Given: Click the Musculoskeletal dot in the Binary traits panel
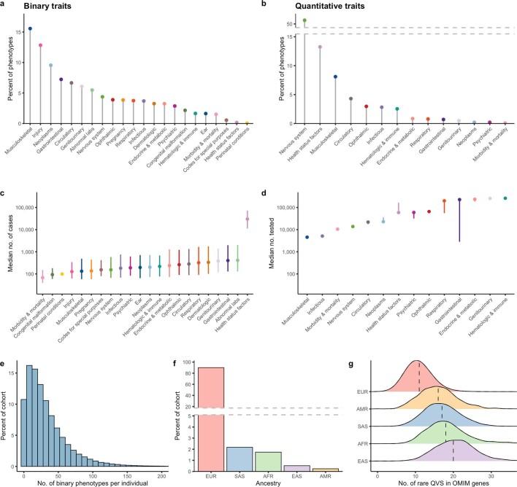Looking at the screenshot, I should (30, 29).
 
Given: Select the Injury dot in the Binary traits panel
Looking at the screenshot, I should (40, 45).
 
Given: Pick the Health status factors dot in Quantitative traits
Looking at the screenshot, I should (320, 47).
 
